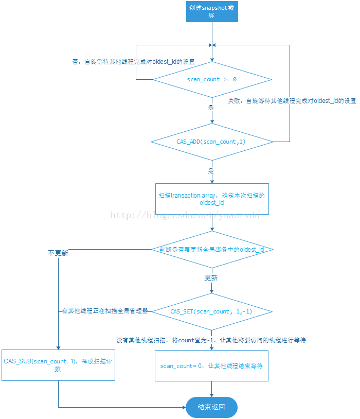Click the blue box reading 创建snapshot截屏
point(212,11)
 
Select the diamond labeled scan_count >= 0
point(212,80)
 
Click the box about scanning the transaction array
point(212,199)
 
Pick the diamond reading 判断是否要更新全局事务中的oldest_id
point(212,250)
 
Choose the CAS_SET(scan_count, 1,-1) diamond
point(212,311)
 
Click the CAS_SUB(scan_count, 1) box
point(58,365)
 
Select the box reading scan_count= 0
point(211,365)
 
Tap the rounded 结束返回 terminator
point(211,407)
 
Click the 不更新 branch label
point(58,253)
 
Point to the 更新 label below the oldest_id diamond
point(211,278)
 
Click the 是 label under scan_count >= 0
point(211,108)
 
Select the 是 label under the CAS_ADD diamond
point(211,170)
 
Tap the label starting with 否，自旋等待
point(134,62)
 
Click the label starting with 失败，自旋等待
point(292,101)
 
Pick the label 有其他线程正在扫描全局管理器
point(105,311)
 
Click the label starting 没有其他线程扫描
point(211,340)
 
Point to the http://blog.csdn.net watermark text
point(185,215)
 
